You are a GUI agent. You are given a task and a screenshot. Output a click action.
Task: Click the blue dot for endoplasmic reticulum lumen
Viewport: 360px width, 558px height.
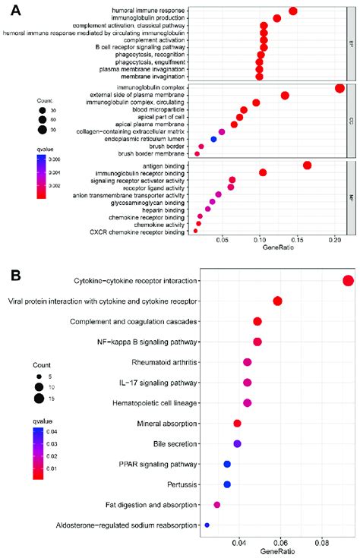(214, 139)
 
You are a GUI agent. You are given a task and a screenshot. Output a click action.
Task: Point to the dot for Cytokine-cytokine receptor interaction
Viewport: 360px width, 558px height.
(349, 281)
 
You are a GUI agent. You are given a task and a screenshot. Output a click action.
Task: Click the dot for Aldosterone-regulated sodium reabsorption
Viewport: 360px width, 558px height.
(207, 525)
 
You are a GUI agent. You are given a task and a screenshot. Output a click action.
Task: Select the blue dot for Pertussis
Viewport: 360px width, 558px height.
(227, 484)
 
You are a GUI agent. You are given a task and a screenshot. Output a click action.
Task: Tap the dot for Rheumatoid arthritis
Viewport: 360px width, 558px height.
(247, 362)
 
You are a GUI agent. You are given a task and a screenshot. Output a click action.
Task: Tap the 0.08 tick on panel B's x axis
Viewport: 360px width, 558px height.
(321, 543)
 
